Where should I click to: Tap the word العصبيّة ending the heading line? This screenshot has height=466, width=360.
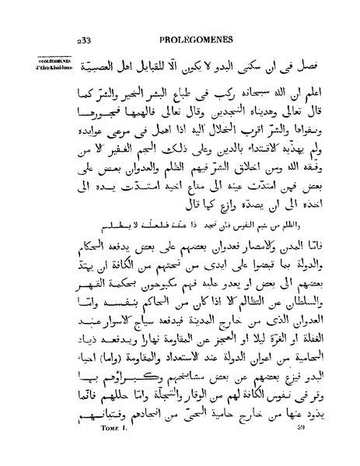[97, 65]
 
